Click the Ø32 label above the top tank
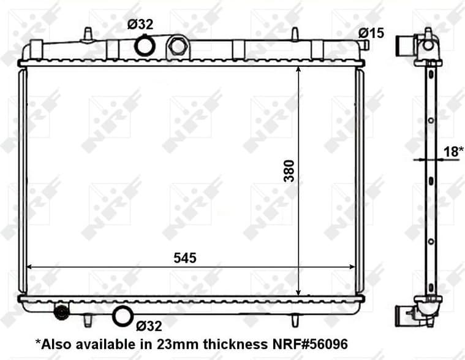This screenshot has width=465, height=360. click(x=140, y=25)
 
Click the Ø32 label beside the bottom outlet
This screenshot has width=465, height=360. click(x=149, y=326)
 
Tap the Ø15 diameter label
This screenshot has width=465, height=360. click(x=372, y=33)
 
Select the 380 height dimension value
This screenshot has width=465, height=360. click(x=289, y=171)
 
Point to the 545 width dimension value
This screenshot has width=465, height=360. click(x=184, y=258)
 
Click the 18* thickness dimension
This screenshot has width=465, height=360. click(x=452, y=151)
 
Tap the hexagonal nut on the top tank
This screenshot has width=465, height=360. click(x=178, y=46)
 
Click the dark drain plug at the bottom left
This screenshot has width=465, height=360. click(x=61, y=313)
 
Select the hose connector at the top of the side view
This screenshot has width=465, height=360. click(x=406, y=44)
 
